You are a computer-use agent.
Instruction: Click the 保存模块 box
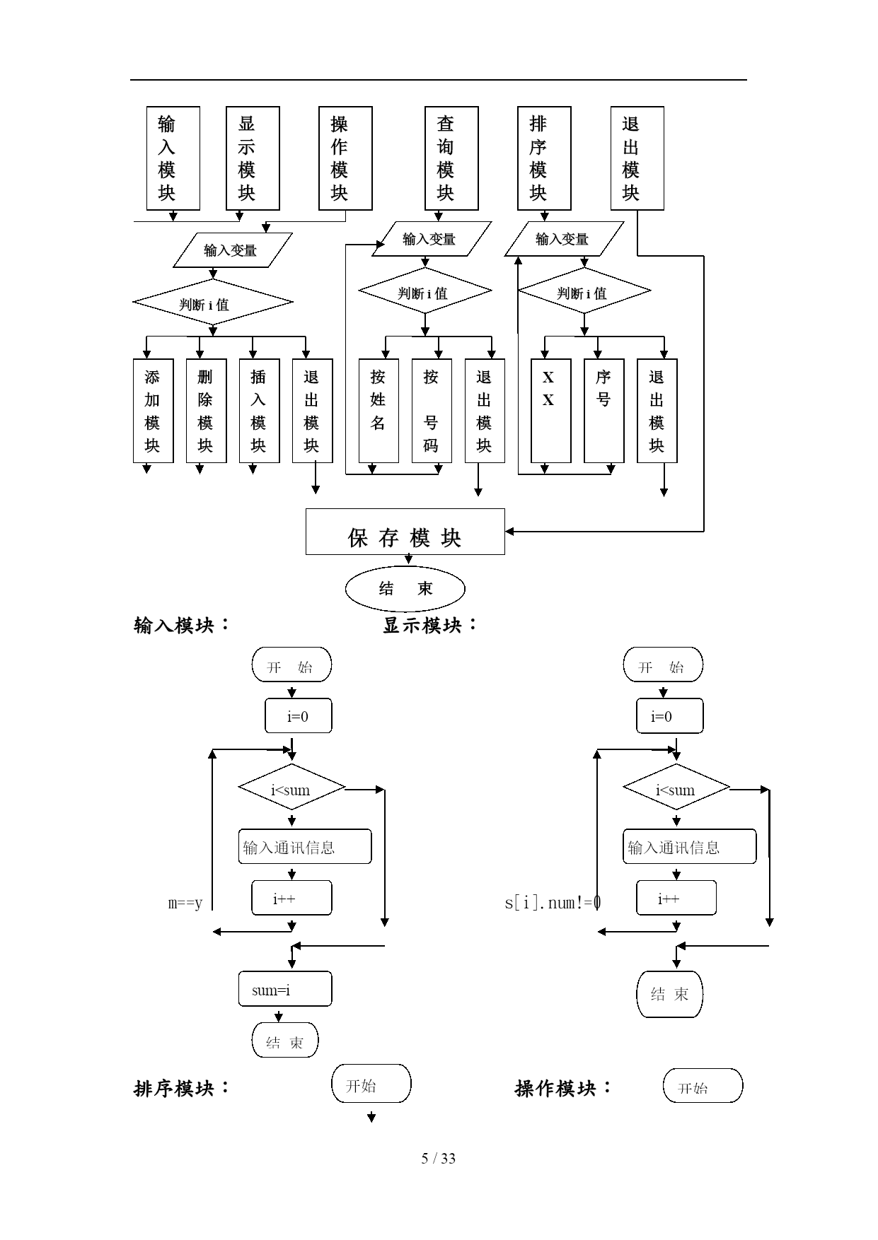coord(405,532)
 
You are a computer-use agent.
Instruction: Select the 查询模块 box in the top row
coord(451,158)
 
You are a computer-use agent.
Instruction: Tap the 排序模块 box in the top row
coord(544,158)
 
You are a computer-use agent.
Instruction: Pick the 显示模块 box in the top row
coord(253,158)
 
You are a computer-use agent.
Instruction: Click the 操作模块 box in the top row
coord(345,158)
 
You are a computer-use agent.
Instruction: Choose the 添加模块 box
coord(153,411)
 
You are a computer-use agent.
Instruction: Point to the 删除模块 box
coord(206,411)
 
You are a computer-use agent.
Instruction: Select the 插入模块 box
coord(259,411)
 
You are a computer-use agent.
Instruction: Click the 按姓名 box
coord(379,411)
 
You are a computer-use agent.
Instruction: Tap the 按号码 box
coord(432,411)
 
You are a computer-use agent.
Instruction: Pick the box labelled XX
coord(550,411)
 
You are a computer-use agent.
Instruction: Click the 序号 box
coord(603,411)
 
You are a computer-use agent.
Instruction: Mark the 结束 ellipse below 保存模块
coord(405,588)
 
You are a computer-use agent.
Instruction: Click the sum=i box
coord(285,989)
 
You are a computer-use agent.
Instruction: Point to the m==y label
coord(185,903)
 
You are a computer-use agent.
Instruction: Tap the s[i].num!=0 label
coord(553,903)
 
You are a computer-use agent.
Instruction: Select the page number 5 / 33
coord(439,1158)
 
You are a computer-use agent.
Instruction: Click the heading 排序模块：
coord(182,1088)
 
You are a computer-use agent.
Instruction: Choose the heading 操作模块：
coord(563,1088)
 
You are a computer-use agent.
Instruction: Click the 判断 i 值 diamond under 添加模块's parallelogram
coord(212,303)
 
